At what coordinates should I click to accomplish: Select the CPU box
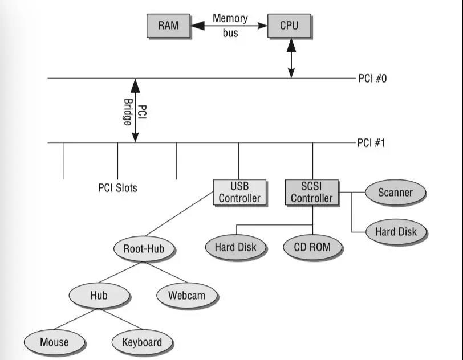[289, 26]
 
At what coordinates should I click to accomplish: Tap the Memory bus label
[230, 25]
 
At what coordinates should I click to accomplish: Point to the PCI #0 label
[372, 79]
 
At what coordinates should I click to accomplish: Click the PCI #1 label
[372, 142]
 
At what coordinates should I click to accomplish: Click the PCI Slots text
[117, 187]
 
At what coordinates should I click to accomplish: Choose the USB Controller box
[239, 193]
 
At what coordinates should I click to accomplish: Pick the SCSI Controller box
[311, 193]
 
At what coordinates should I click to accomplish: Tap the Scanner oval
[395, 193]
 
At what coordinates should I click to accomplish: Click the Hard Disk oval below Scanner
[396, 232]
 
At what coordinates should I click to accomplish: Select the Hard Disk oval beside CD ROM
[235, 247]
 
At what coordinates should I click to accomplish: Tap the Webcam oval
[186, 296]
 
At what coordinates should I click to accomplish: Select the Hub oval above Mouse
[99, 296]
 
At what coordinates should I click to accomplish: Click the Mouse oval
[54, 342]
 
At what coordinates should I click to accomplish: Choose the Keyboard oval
[141, 342]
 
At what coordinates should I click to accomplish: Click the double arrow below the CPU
[291, 57]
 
